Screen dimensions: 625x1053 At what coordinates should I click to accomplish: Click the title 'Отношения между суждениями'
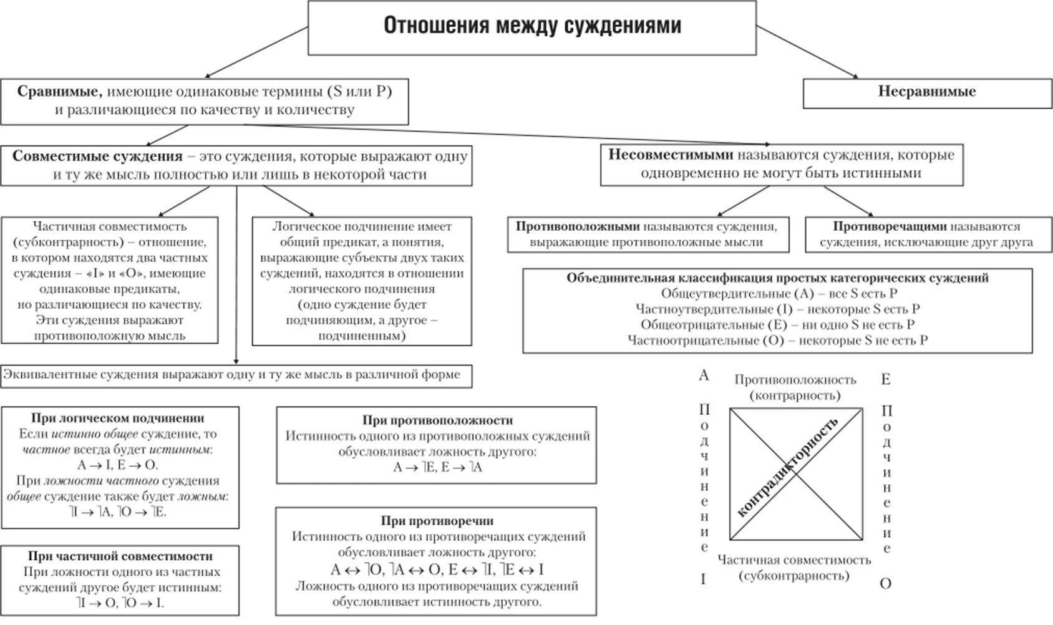tap(531, 26)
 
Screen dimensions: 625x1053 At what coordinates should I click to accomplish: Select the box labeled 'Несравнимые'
tap(926, 92)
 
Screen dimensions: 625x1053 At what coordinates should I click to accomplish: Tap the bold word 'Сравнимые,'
tap(60, 92)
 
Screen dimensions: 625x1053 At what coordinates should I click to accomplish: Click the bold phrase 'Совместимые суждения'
tap(97, 156)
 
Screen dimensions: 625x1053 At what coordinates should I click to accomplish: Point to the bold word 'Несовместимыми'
tap(670, 155)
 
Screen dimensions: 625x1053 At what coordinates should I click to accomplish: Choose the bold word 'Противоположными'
tap(578, 226)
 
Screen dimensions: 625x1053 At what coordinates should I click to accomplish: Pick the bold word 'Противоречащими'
tap(885, 226)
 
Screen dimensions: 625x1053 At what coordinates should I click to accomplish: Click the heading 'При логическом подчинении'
tap(118, 418)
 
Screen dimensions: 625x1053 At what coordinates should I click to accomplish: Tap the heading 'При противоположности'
tap(437, 420)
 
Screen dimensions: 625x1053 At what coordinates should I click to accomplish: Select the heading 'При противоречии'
tap(437, 521)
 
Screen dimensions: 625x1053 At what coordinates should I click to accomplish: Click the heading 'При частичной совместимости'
tap(120, 556)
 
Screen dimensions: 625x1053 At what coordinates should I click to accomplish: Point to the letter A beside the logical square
tap(704, 375)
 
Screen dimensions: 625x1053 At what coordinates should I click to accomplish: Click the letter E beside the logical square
tap(885, 379)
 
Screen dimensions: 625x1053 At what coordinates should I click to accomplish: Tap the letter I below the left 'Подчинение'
tap(703, 579)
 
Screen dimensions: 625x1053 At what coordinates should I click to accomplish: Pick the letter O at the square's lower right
tap(885, 584)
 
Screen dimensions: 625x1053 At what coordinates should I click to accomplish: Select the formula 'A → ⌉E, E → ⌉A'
tap(437, 467)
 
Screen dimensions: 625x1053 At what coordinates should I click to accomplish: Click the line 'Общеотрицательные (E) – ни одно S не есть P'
tap(777, 324)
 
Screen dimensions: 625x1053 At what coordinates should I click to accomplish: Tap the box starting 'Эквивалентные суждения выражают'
tap(236, 375)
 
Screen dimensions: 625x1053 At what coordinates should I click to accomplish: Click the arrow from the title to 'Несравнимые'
tap(808, 52)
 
